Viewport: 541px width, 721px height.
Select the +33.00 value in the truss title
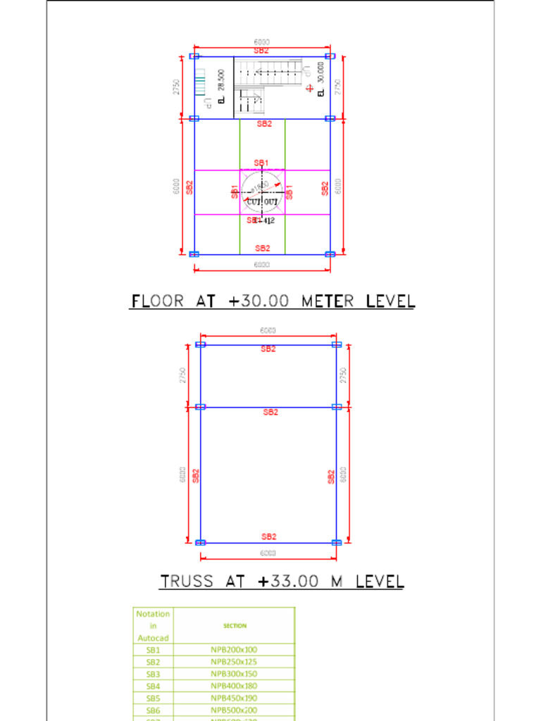click(286, 582)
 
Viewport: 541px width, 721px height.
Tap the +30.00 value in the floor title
click(259, 301)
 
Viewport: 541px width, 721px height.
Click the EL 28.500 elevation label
click(221, 87)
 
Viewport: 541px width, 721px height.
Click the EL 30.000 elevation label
click(321, 80)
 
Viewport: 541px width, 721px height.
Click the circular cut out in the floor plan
click(262, 192)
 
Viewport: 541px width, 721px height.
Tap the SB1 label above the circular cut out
click(261, 163)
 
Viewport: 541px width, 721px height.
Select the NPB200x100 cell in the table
click(234, 650)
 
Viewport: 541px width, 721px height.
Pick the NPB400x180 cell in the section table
click(234, 686)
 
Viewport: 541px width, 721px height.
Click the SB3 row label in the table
click(153, 674)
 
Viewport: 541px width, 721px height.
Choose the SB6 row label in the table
click(153, 710)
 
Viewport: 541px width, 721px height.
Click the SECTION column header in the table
click(234, 625)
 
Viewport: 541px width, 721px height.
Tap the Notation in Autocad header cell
click(153, 625)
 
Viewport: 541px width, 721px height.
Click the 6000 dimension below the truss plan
click(268, 553)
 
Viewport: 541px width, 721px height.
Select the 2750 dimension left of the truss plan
click(182, 375)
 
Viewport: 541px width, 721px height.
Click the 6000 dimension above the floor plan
click(261, 42)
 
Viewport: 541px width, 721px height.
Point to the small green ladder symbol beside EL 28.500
click(200, 82)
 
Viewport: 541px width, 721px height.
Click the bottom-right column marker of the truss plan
click(336, 542)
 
